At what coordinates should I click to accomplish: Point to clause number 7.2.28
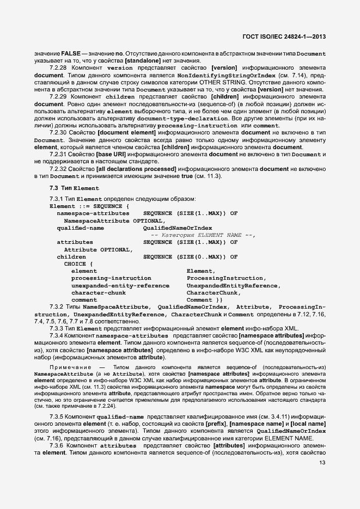pos(58,68)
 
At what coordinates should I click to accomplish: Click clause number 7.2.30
pos(58,133)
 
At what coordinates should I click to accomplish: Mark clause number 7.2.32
pos(58,169)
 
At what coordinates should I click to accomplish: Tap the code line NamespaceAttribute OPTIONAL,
pos(114,220)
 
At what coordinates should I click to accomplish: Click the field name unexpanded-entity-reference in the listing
pos(120,285)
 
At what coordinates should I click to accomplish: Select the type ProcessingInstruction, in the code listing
pos(225,278)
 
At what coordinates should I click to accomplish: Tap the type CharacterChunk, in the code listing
pos(213,292)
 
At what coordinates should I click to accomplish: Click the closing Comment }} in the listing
pos(204,299)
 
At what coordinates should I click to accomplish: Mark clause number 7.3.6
pos(57,445)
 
